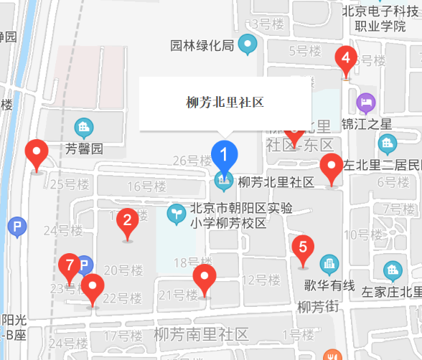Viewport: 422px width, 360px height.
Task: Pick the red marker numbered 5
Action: tap(303, 248)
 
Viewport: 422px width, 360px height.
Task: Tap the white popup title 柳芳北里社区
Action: tap(225, 103)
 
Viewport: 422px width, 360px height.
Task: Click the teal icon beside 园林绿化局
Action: tap(248, 45)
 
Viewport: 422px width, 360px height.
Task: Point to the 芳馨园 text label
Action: tap(85, 149)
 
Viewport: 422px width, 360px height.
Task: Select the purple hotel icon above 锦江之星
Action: tap(366, 102)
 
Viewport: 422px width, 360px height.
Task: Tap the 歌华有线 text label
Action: tap(329, 285)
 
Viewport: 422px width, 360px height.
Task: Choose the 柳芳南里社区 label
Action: tap(201, 334)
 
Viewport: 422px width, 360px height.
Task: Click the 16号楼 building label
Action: tap(146, 186)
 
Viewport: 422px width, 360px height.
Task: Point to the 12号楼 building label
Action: tap(259, 279)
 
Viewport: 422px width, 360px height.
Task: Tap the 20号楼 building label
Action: tap(121, 270)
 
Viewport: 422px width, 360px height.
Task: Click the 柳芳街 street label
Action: tap(317, 307)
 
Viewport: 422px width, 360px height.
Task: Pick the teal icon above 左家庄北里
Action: tap(393, 270)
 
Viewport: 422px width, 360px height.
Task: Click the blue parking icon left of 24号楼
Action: tap(17, 228)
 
